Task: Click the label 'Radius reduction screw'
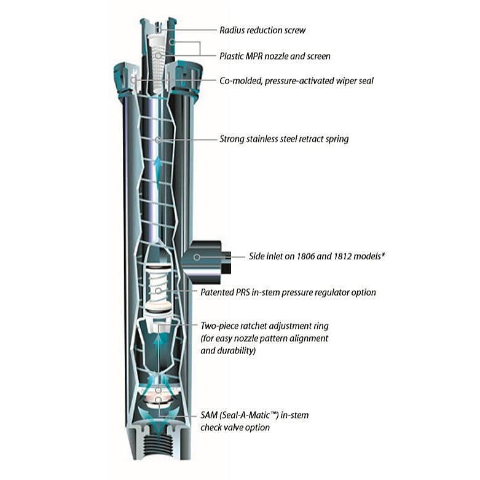(262, 30)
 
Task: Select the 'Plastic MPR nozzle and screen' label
(275, 56)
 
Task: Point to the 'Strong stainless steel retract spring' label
(284, 139)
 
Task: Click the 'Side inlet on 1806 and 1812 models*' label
(317, 256)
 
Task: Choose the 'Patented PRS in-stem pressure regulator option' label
(288, 292)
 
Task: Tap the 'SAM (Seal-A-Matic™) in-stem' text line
(254, 415)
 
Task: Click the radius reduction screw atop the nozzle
(158, 26)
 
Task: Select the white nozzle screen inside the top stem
(158, 58)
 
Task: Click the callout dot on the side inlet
(197, 257)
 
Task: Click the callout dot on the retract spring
(158, 140)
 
